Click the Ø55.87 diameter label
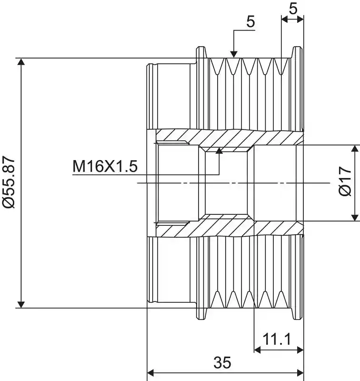(x=9, y=182)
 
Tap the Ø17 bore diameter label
(x=345, y=181)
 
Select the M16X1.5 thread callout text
(x=105, y=166)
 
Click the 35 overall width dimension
(x=222, y=362)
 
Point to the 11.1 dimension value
(x=277, y=339)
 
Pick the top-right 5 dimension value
(x=293, y=9)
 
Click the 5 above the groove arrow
(x=250, y=21)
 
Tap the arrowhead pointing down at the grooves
(x=234, y=54)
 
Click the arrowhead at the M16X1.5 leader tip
(x=220, y=150)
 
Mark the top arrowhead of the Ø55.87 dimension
(x=21, y=62)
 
